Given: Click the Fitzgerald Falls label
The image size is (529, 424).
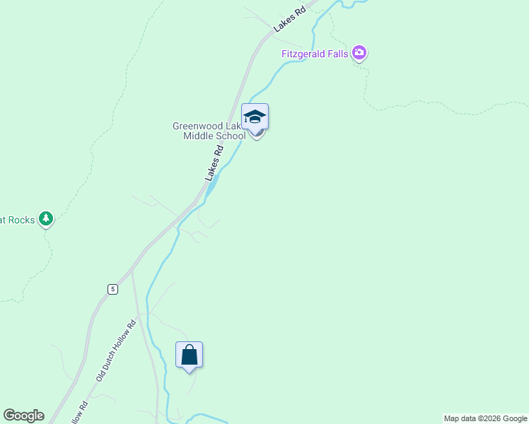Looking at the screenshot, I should (x=315, y=54).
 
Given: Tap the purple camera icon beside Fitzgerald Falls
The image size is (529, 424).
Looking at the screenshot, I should (x=360, y=53).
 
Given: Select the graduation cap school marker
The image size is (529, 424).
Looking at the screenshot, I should (x=255, y=117).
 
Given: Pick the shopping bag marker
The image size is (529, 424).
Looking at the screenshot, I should (x=190, y=354).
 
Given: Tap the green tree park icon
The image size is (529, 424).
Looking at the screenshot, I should (x=46, y=219).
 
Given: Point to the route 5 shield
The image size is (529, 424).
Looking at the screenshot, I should (x=112, y=289).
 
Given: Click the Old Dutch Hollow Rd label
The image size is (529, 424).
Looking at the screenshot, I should (x=115, y=352).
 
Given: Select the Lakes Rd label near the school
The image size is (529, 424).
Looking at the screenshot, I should (x=214, y=163).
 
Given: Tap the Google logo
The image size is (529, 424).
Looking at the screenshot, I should (x=23, y=416).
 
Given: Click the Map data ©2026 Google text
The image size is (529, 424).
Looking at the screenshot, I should (x=485, y=418).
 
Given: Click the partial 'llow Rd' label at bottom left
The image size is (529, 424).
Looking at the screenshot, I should (x=80, y=413).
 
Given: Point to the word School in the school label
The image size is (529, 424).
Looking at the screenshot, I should (x=231, y=136).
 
